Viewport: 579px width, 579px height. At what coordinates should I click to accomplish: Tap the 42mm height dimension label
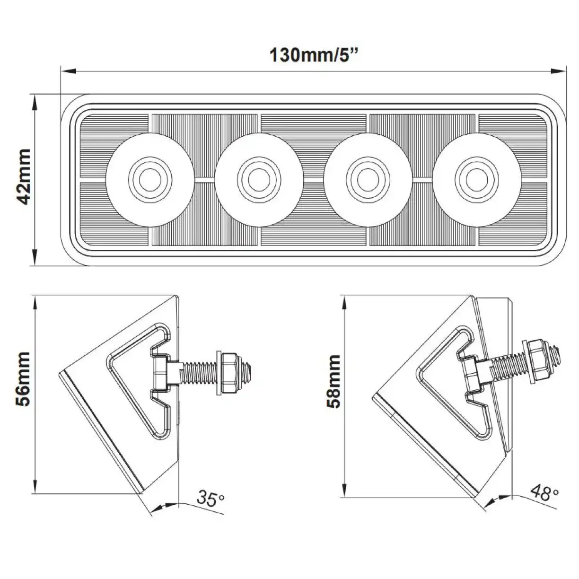click(x=23, y=176)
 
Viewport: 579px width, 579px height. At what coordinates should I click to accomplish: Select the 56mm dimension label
click(x=23, y=378)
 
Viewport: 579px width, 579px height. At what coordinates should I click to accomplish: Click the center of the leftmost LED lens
click(x=150, y=177)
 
